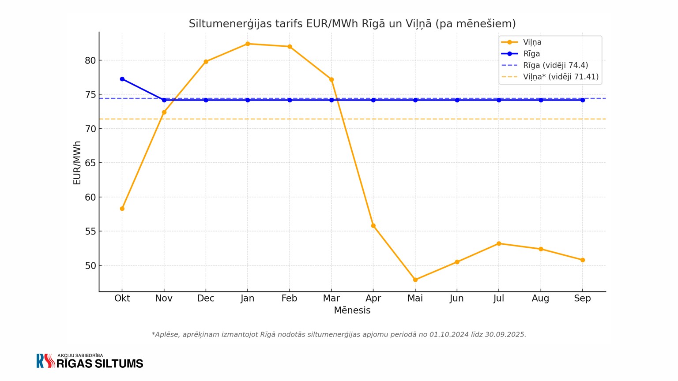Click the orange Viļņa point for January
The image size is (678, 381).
[248, 44]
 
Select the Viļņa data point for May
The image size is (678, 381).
[415, 280]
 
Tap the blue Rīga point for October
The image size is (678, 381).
[122, 79]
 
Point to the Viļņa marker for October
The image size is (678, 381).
[122, 209]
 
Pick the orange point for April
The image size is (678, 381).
[373, 226]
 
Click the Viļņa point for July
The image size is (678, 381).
[499, 243]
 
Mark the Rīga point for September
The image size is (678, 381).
[582, 100]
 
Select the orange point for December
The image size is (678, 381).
[206, 62]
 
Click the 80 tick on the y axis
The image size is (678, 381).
[90, 60]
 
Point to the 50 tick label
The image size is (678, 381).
[90, 265]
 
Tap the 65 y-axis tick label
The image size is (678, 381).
[90, 163]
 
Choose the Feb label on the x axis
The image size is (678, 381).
[289, 299]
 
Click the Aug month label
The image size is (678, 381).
[540, 299]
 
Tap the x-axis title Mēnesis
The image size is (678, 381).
[352, 310]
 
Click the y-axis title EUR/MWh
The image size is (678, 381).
[77, 163]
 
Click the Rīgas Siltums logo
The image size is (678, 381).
[90, 361]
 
